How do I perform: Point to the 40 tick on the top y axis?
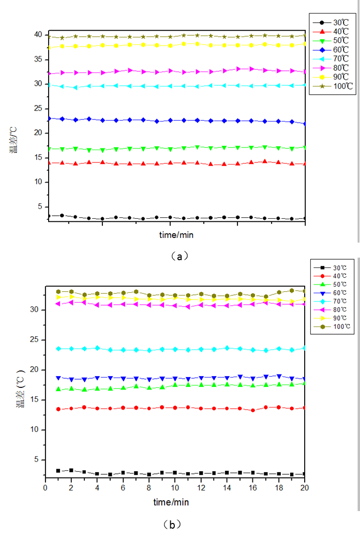pyautogui.click(x=38, y=35)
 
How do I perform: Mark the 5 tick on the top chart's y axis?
pyautogui.click(x=40, y=206)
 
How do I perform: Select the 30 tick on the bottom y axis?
pyautogui.click(x=36, y=310)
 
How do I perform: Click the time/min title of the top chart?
pyautogui.click(x=176, y=235)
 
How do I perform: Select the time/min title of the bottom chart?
pyautogui.click(x=171, y=502)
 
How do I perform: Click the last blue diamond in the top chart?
pyautogui.click(x=305, y=124)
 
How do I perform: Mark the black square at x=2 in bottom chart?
pyautogui.click(x=71, y=470)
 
